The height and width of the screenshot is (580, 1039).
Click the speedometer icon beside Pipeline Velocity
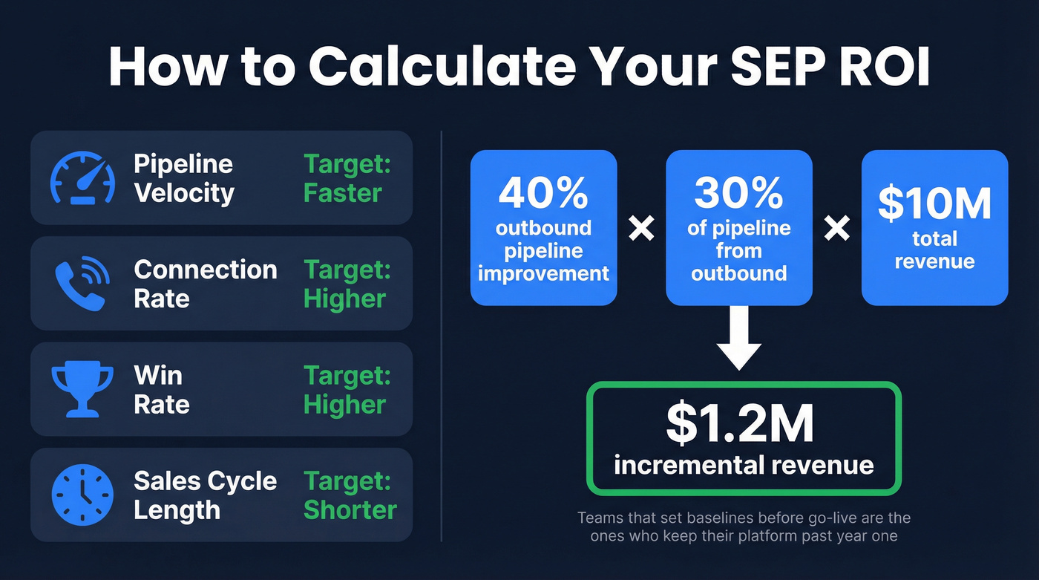point(82,178)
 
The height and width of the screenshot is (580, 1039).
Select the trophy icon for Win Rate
point(82,388)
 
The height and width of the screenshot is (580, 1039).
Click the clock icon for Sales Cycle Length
point(82,495)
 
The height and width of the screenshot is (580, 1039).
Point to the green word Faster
point(342,193)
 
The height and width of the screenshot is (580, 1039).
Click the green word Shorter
point(350,510)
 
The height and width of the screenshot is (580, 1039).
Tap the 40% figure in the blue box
point(543,192)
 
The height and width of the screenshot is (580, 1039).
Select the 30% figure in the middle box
point(738,192)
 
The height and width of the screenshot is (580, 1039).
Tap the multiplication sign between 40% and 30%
point(641,229)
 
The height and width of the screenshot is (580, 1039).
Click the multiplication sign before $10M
point(837,229)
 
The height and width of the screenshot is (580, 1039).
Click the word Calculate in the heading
point(442,67)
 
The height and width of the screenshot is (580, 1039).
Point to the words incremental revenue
point(744,466)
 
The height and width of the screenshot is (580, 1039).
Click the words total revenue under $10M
point(934,250)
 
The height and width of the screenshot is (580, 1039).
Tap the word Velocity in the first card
point(184,193)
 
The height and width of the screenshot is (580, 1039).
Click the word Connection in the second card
point(206,270)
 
